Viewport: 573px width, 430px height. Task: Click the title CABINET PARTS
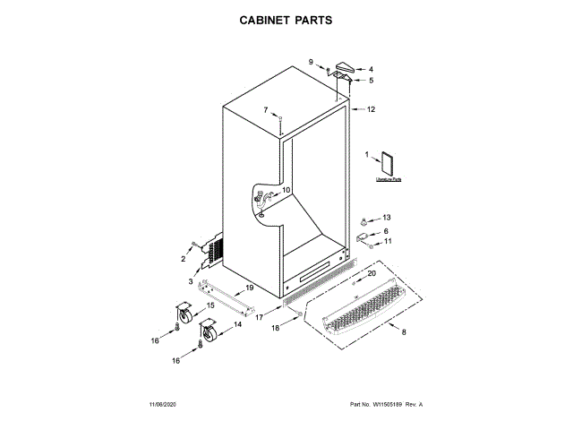tap(286, 19)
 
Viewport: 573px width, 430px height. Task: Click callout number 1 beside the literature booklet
tap(366, 155)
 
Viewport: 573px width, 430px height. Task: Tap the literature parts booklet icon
tap(389, 164)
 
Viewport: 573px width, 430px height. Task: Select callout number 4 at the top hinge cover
tap(371, 69)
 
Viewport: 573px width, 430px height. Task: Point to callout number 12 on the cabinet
tap(371, 109)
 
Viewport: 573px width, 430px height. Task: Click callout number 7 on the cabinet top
tap(265, 110)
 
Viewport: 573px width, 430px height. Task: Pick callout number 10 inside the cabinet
tap(286, 190)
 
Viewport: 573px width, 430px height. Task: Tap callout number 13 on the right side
tap(387, 218)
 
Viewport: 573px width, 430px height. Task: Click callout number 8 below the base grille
tap(403, 333)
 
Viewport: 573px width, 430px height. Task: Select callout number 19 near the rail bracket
tap(250, 288)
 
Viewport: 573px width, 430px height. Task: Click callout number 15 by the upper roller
tap(211, 305)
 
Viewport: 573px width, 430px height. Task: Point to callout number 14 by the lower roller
tap(238, 326)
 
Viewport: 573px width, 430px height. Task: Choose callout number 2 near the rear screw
tap(183, 259)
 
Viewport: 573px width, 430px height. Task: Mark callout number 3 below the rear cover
tap(190, 281)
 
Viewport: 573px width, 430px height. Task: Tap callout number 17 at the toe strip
tap(260, 316)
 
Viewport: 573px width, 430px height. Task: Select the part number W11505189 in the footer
tap(386, 405)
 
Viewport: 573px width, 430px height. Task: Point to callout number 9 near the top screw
tap(312, 61)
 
